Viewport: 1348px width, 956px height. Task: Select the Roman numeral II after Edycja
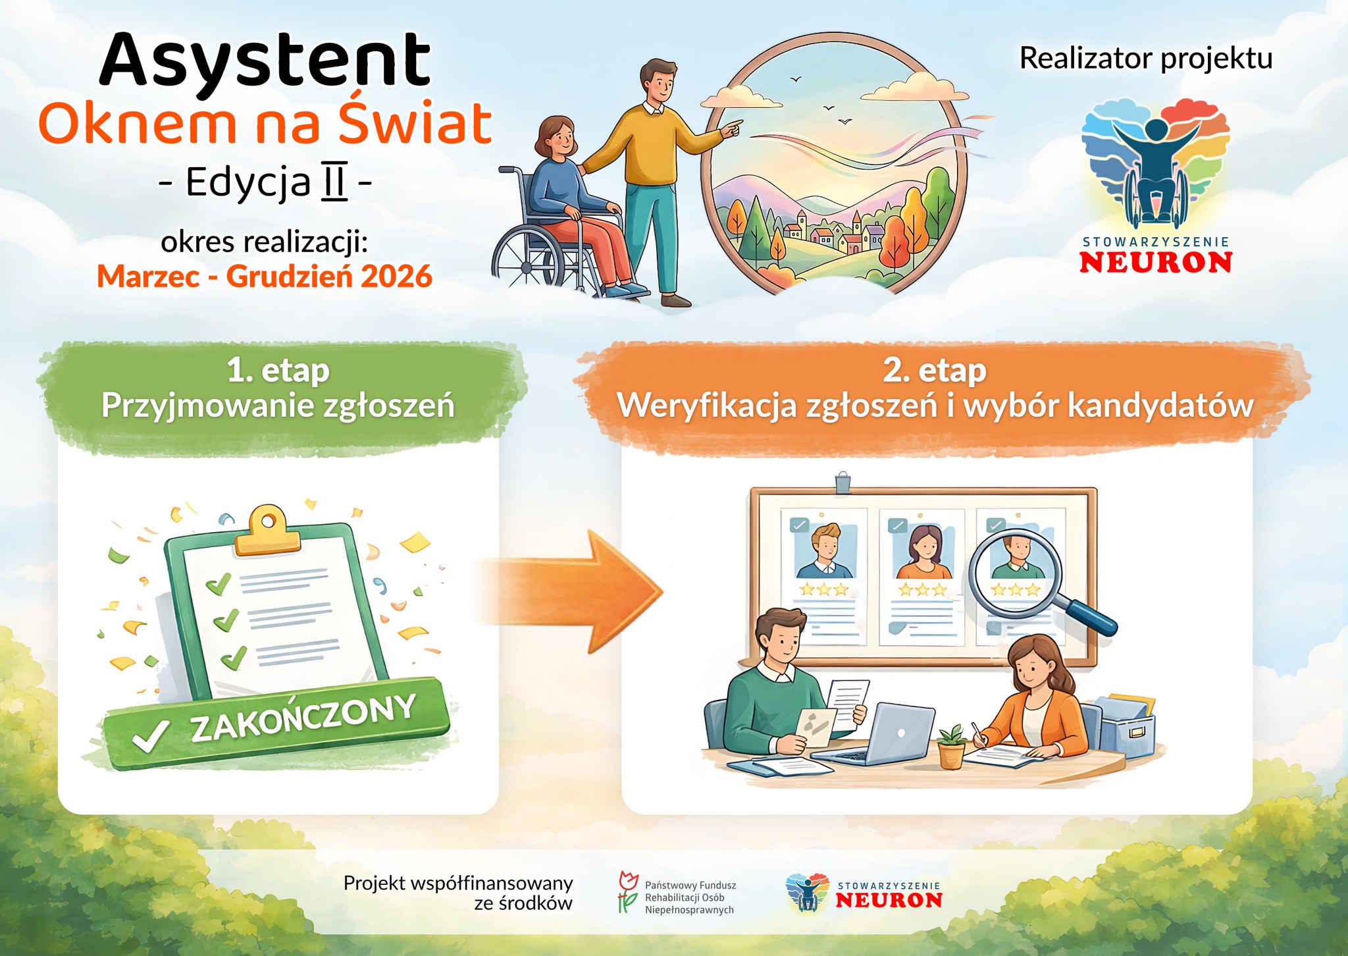pyautogui.click(x=334, y=181)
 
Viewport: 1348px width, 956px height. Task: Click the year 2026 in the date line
pyautogui.click(x=396, y=277)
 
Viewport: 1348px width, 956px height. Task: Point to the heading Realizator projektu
pyautogui.click(x=1146, y=59)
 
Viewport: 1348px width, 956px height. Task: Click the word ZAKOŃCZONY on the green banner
pyautogui.click(x=303, y=718)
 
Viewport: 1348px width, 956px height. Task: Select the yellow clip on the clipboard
pyautogui.click(x=267, y=531)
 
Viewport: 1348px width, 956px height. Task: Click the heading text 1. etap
pyautogui.click(x=278, y=371)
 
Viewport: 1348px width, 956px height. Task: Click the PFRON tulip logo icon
pyautogui.click(x=628, y=893)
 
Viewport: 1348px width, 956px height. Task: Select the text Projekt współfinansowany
pyautogui.click(x=458, y=883)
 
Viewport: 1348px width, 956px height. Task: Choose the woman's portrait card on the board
pyautogui.click(x=922, y=577)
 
